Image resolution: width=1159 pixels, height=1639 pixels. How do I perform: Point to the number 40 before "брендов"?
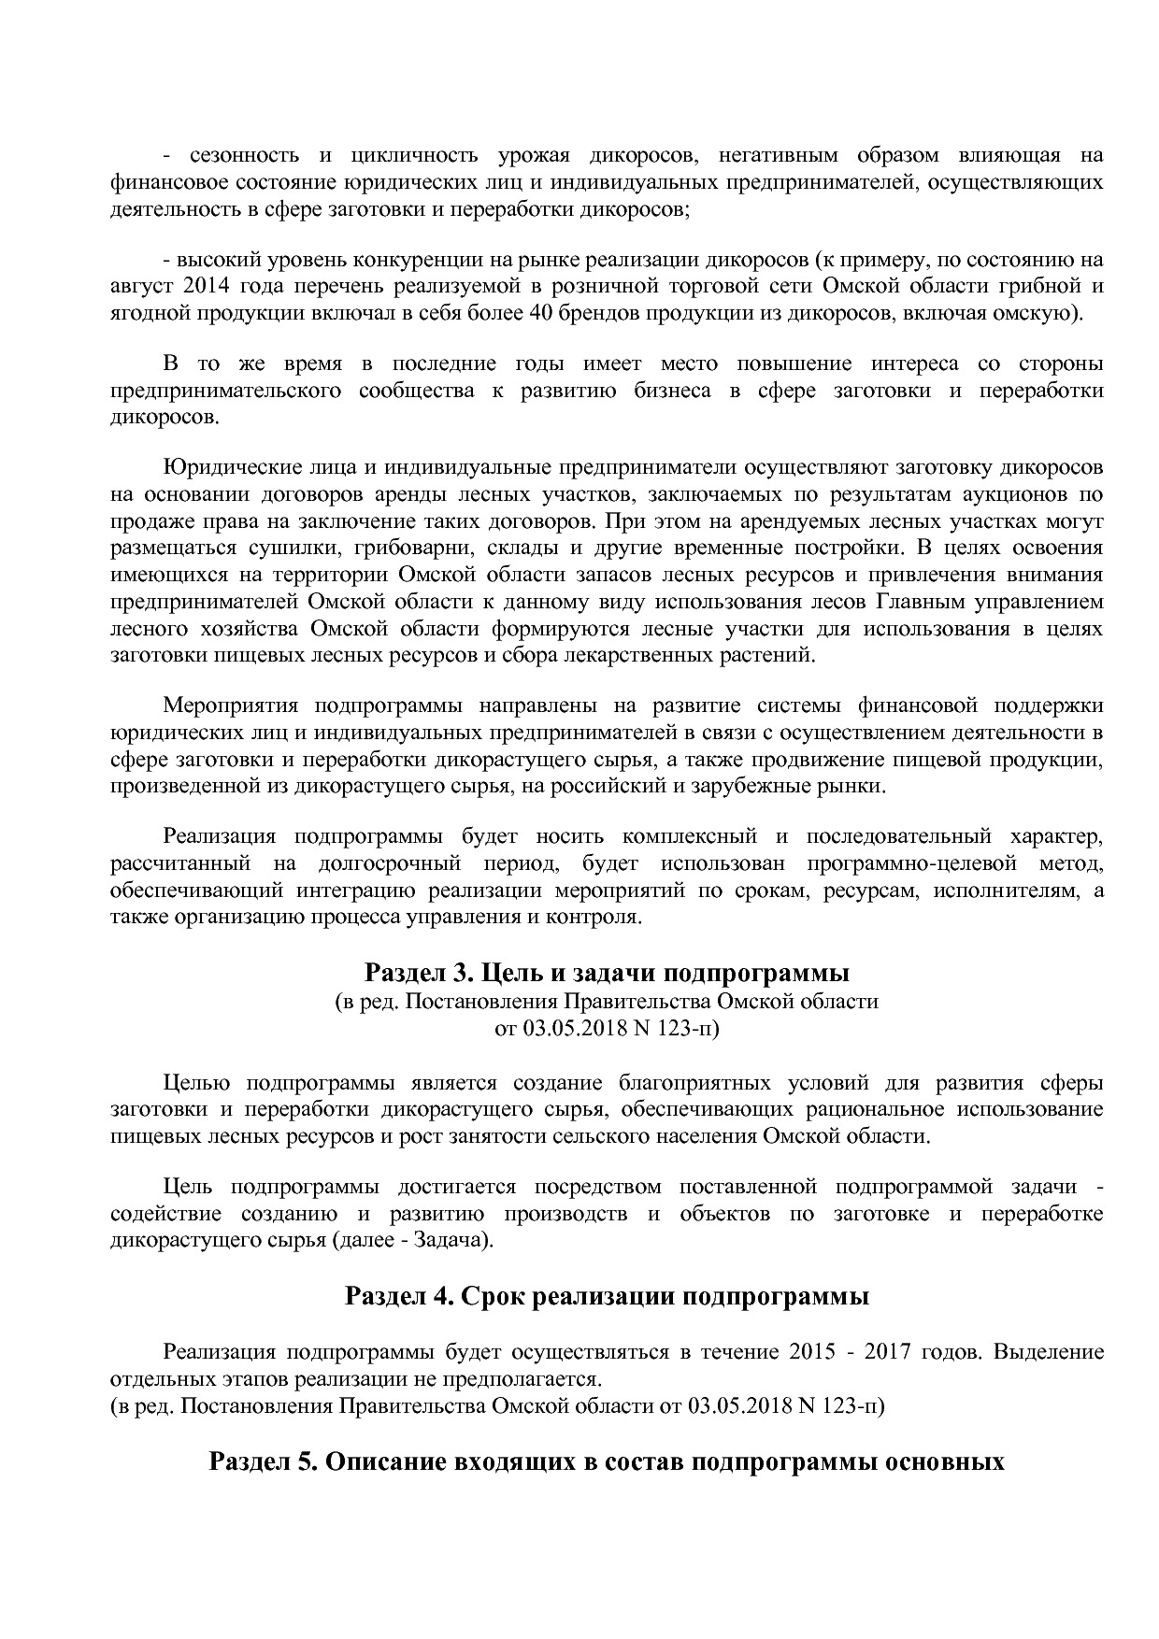[542, 312]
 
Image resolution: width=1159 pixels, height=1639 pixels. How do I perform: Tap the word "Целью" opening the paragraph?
[196, 1083]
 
